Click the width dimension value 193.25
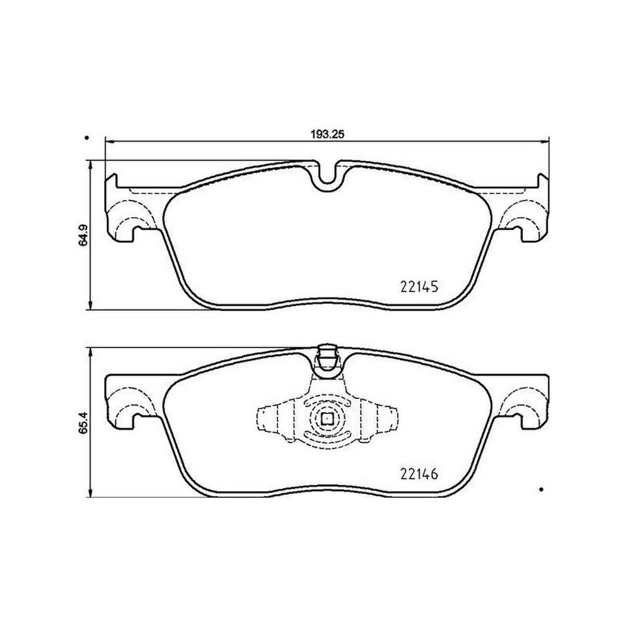coord(327,134)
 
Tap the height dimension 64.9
coord(83,234)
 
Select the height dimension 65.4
coord(83,422)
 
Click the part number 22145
coord(419,287)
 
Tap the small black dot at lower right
coord(541,498)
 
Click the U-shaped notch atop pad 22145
coord(327,177)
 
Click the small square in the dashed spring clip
coord(327,419)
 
